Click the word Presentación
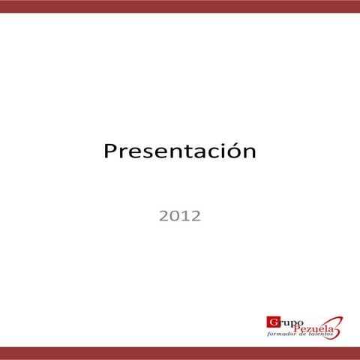click(179, 151)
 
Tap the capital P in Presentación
click(109, 151)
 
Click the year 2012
click(179, 217)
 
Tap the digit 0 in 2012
click(174, 217)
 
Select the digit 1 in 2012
click(184, 217)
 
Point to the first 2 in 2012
click(163, 217)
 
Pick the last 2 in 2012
click(195, 217)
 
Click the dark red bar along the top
click(180, 6)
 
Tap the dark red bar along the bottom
click(180, 353)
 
